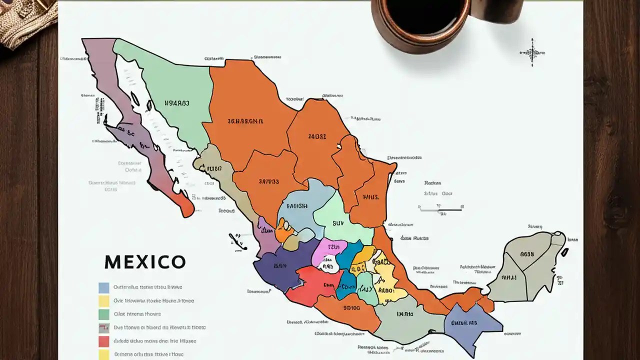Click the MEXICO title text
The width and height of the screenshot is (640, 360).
(x=145, y=262)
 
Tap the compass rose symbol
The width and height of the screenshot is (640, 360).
(x=532, y=52)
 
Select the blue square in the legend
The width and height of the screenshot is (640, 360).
(x=104, y=287)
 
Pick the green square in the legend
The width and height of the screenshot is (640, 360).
(x=104, y=314)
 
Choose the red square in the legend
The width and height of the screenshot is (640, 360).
(x=104, y=341)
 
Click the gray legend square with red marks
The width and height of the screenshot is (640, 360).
(x=104, y=328)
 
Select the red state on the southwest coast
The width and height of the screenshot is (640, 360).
(x=312, y=285)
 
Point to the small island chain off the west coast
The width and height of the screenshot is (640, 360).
(x=237, y=241)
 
